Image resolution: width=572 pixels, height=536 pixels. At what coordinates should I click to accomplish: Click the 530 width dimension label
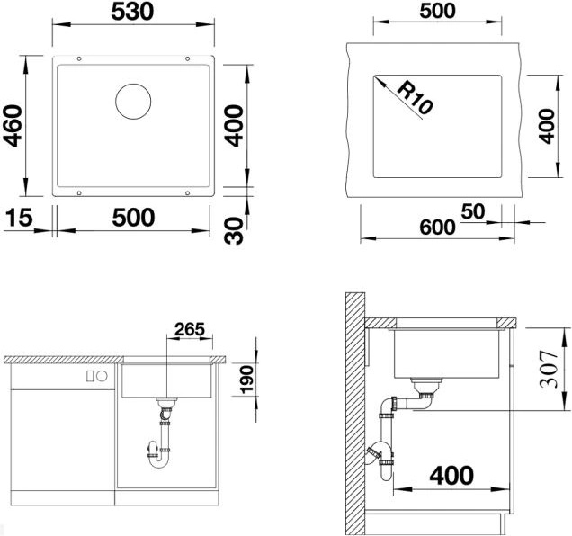click(132, 12)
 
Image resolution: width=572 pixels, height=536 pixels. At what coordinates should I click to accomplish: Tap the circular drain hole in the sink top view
click(133, 102)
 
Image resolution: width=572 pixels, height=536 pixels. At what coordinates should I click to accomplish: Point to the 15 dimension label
click(19, 217)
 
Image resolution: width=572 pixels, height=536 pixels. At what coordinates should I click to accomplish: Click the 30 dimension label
click(234, 230)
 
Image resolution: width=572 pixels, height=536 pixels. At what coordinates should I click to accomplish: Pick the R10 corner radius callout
click(415, 97)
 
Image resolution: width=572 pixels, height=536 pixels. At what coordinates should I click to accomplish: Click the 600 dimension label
click(437, 228)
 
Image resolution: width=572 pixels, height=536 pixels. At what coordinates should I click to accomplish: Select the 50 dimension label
click(473, 211)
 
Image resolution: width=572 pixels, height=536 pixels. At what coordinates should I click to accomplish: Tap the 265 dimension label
click(190, 329)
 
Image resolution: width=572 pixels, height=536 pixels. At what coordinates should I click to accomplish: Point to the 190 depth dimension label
click(247, 380)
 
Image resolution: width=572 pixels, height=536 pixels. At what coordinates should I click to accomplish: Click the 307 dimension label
click(549, 369)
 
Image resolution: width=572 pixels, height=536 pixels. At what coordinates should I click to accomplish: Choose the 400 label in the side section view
click(451, 475)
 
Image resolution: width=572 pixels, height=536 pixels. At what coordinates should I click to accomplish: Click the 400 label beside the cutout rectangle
click(546, 126)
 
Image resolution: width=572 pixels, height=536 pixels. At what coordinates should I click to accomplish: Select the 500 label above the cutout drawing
click(437, 11)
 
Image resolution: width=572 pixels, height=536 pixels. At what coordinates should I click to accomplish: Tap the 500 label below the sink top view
click(133, 218)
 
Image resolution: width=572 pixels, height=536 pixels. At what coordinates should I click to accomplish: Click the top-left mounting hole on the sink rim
click(79, 58)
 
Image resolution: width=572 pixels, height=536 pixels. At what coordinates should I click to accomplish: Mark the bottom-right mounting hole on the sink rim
click(187, 192)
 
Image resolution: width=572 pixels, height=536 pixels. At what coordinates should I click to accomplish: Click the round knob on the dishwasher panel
click(102, 376)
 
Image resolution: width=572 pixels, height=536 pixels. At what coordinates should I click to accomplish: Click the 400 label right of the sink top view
click(234, 126)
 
